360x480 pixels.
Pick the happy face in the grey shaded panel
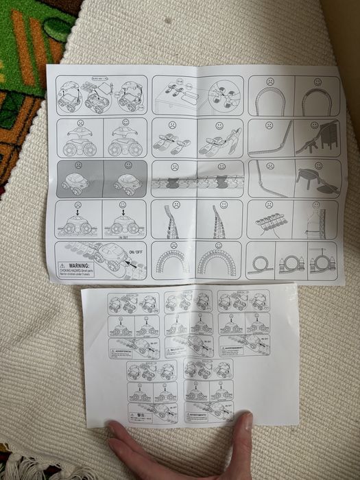coord(128,165)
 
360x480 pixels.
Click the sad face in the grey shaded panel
coord(80,165)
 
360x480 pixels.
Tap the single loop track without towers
coord(261,263)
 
